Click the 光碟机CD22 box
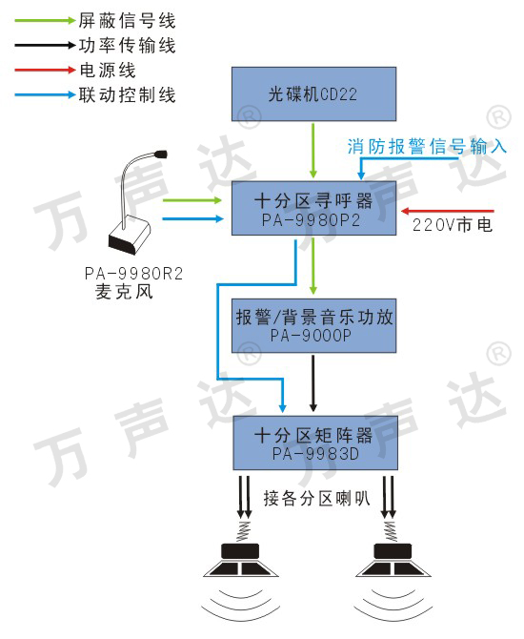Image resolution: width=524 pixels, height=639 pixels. pyautogui.click(x=313, y=94)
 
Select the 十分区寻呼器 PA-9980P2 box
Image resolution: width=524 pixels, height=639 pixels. pyautogui.click(x=313, y=208)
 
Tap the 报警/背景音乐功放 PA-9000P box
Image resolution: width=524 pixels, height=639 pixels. pyautogui.click(x=313, y=325)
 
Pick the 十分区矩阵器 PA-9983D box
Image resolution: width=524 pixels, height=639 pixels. pyautogui.click(x=315, y=443)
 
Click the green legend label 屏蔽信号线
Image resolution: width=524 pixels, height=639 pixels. pyautogui.click(x=127, y=20)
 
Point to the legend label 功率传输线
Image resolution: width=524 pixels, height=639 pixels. pyautogui.click(x=127, y=45)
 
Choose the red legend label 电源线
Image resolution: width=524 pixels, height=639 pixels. pyautogui.click(x=108, y=70)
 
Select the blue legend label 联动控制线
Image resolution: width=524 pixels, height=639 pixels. pyautogui.click(x=127, y=95)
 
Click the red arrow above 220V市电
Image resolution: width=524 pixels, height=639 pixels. pyautogui.click(x=448, y=211)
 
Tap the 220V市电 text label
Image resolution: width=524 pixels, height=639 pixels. pyautogui.click(x=453, y=225)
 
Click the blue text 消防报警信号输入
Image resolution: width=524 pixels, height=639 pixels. pyautogui.click(x=427, y=146)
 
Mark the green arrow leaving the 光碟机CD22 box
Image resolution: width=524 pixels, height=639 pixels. pyautogui.click(x=313, y=151)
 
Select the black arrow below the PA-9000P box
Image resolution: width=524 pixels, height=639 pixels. pyautogui.click(x=313, y=383)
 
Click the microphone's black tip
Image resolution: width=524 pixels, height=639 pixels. pyautogui.click(x=161, y=155)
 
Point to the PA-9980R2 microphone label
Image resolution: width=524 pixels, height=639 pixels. pyautogui.click(x=133, y=274)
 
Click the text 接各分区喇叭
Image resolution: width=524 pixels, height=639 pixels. pyautogui.click(x=316, y=499)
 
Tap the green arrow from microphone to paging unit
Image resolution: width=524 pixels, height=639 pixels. pyautogui.click(x=192, y=200)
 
